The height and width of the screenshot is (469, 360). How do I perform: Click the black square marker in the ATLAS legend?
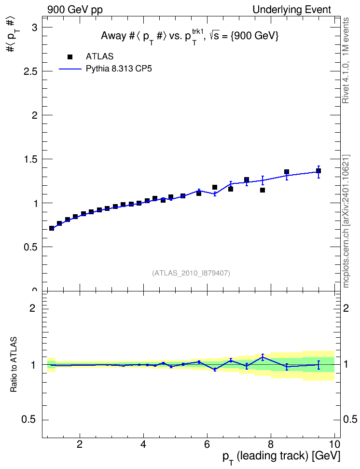point(70,57)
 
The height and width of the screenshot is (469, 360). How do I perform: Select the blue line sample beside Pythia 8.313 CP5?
point(70,69)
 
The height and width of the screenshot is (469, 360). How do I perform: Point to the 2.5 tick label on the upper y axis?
point(30,71)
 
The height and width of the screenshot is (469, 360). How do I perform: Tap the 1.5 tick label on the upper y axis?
point(30,159)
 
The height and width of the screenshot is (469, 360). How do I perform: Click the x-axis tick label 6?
point(207,444)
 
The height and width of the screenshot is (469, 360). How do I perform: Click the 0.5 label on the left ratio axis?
point(29,420)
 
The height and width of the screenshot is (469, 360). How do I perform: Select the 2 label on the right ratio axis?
point(346,308)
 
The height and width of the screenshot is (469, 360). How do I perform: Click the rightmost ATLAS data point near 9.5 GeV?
point(318,171)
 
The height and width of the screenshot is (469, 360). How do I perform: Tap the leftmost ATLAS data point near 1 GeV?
point(52,228)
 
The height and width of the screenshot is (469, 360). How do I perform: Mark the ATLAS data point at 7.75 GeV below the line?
point(263,190)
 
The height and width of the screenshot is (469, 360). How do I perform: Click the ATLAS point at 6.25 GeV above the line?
point(215,187)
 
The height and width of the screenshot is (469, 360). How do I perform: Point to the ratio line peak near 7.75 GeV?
point(263,357)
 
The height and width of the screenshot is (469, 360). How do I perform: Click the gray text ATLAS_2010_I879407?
point(191,273)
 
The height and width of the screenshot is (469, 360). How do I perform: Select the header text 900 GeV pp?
point(75,10)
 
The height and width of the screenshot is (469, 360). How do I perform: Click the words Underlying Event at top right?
point(292,10)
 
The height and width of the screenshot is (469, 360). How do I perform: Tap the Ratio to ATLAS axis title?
point(14,365)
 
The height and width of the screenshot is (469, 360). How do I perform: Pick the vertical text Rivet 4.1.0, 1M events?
point(346,60)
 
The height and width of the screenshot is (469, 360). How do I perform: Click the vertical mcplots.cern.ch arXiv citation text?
point(346,221)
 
